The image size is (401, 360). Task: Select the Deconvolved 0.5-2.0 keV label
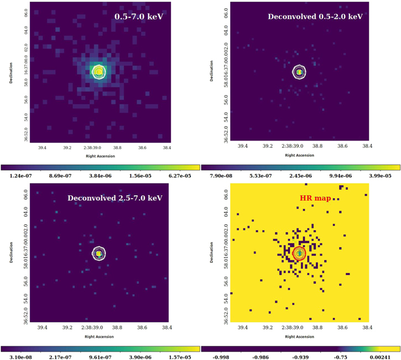pos(315,17)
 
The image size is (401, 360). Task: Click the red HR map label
pos(314,197)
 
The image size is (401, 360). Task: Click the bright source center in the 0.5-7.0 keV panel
pos(98,72)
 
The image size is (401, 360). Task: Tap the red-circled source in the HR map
pos(299,253)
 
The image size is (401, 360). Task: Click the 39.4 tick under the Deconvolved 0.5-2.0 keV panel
pos(242,148)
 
